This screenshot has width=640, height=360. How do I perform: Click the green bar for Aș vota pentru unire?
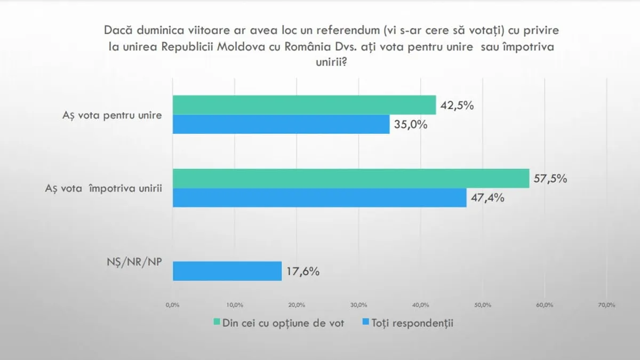click(x=304, y=105)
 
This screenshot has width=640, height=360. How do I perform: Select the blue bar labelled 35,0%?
click(x=281, y=124)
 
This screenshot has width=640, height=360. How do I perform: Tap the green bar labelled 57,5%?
click(x=350, y=178)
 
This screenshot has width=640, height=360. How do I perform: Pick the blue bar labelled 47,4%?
click(x=319, y=197)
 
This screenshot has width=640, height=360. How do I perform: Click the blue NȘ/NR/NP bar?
click(x=227, y=271)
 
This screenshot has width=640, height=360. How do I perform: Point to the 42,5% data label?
click(x=457, y=106)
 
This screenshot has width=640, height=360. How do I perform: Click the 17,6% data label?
click(x=302, y=271)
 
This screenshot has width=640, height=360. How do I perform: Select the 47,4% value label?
click(x=487, y=198)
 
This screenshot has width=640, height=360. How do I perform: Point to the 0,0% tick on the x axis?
click(x=172, y=305)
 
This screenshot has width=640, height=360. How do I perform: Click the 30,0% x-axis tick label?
click(x=358, y=305)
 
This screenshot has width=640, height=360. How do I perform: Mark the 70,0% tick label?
click(x=607, y=305)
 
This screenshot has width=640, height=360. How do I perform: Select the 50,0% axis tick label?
click(x=483, y=305)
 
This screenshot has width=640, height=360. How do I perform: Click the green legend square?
click(x=217, y=323)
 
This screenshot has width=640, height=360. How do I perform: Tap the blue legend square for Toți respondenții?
click(x=365, y=323)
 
